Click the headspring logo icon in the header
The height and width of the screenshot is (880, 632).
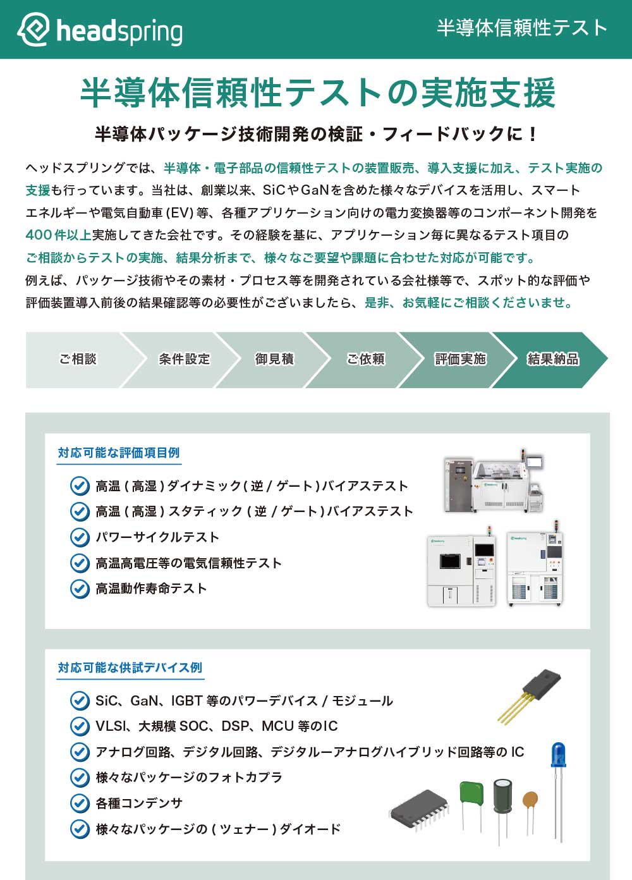[33, 29]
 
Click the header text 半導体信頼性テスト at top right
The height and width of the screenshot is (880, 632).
[521, 28]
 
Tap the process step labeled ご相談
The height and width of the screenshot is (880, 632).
[77, 359]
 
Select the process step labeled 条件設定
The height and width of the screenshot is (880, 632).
[184, 359]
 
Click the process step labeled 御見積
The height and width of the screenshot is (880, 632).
[274, 359]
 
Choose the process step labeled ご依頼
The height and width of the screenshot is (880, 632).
[365, 359]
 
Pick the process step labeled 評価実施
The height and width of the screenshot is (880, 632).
[459, 359]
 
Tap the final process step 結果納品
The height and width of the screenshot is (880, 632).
[552, 359]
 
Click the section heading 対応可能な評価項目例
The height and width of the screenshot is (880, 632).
[119, 453]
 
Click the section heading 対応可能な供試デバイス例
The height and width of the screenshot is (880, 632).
[130, 668]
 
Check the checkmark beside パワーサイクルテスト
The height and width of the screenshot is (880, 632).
[79, 537]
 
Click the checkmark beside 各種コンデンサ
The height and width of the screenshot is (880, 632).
[79, 803]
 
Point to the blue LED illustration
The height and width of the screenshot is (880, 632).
[558, 759]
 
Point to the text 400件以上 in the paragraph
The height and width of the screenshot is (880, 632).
[58, 235]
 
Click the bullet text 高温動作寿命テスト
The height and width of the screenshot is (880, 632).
[151, 589]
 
